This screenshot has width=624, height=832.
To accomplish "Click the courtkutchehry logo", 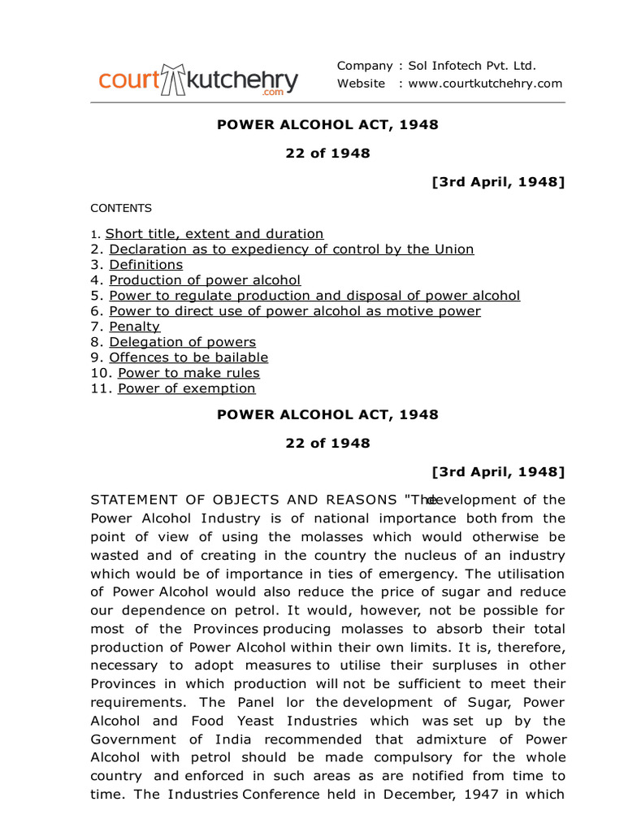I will [x=198, y=80].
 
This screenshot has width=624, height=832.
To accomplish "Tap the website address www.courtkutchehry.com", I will [x=485, y=84].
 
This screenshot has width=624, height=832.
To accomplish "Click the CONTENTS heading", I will [x=121, y=208].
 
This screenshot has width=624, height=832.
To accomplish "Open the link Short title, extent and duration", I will [x=214, y=234].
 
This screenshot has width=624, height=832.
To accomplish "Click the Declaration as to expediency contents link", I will [x=292, y=249].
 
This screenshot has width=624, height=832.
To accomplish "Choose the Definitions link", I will [x=146, y=265].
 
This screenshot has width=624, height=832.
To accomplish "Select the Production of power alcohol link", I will [x=205, y=280].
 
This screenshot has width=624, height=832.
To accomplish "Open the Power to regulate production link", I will [x=314, y=296].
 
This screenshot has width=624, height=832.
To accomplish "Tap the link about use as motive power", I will [x=295, y=311].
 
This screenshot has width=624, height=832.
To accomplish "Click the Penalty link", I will [x=135, y=327].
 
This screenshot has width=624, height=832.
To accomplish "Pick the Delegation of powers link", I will [x=183, y=342].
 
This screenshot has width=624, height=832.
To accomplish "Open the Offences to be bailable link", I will [x=188, y=357].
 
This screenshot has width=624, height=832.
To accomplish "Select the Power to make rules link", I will [x=188, y=373].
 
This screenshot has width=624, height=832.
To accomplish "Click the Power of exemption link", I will [x=187, y=388].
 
